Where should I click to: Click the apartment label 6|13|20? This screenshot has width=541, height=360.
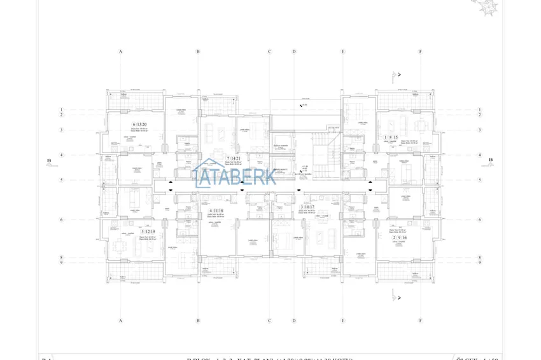click(x=139, y=125)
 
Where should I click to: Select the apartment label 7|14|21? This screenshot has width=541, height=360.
click(x=234, y=158)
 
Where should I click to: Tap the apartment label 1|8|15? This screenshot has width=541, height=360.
click(x=391, y=137)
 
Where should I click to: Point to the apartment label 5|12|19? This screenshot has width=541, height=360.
click(x=148, y=232)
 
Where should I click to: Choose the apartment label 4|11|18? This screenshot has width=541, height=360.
click(x=216, y=211)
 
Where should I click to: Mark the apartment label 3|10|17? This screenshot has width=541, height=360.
click(x=307, y=207)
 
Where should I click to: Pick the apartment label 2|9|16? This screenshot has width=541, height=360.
click(x=399, y=237)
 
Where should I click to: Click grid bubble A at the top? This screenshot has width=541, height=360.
click(x=120, y=52)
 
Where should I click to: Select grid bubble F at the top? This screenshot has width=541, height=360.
click(x=420, y=52)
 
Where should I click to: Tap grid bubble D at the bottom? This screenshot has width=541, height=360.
click(x=294, y=321)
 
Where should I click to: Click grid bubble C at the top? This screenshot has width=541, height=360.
click(x=269, y=52)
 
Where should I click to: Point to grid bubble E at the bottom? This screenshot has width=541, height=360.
click(x=342, y=321)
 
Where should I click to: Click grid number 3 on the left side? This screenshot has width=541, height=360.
click(x=61, y=130)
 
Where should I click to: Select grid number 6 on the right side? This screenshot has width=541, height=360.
click(x=480, y=220)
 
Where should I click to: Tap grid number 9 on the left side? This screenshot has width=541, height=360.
click(x=61, y=263)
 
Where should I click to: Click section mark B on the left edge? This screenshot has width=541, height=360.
click(x=48, y=161)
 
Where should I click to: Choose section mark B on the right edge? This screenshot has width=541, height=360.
click(x=491, y=160)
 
